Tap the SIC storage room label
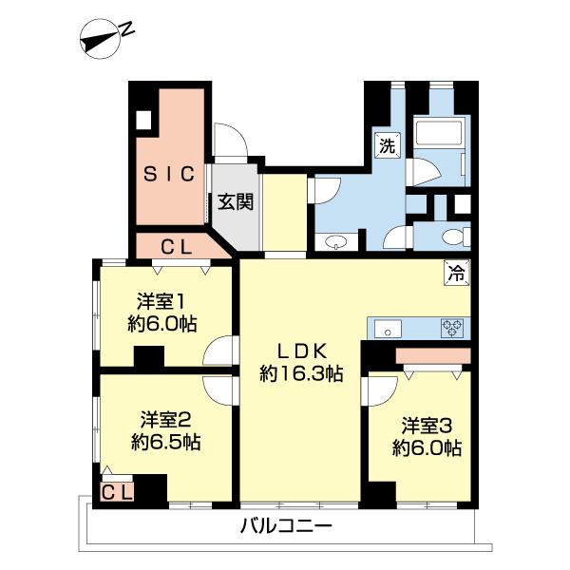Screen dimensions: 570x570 [169, 174]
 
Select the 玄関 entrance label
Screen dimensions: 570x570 [236, 201]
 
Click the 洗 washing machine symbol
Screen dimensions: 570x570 [388, 145]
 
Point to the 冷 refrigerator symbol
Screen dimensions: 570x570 [457, 274]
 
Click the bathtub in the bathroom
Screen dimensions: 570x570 [439, 133]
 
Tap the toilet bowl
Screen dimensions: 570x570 [455, 237]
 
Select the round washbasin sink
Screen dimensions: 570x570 [336, 242]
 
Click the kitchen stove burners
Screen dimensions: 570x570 [452, 328]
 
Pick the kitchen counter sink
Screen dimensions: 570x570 [388, 329]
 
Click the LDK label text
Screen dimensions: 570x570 [302, 351]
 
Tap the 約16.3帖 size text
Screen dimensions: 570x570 [301, 373]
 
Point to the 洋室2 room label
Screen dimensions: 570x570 [165, 420]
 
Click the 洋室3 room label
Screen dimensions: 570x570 [427, 426]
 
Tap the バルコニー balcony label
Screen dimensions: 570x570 [287, 525]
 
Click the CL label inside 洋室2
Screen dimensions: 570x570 [116, 492]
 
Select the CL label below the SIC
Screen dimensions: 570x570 [177, 248]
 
